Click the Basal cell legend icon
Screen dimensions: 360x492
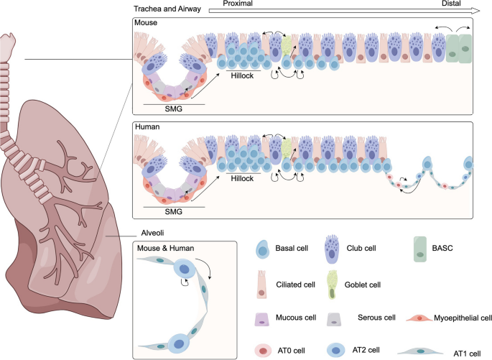click(x=261, y=249)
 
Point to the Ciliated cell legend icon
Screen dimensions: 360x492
click(x=261, y=282)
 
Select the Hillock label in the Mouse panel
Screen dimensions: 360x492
click(x=243, y=74)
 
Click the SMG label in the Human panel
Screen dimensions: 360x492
click(x=173, y=212)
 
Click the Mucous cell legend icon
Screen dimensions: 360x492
click(x=261, y=316)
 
